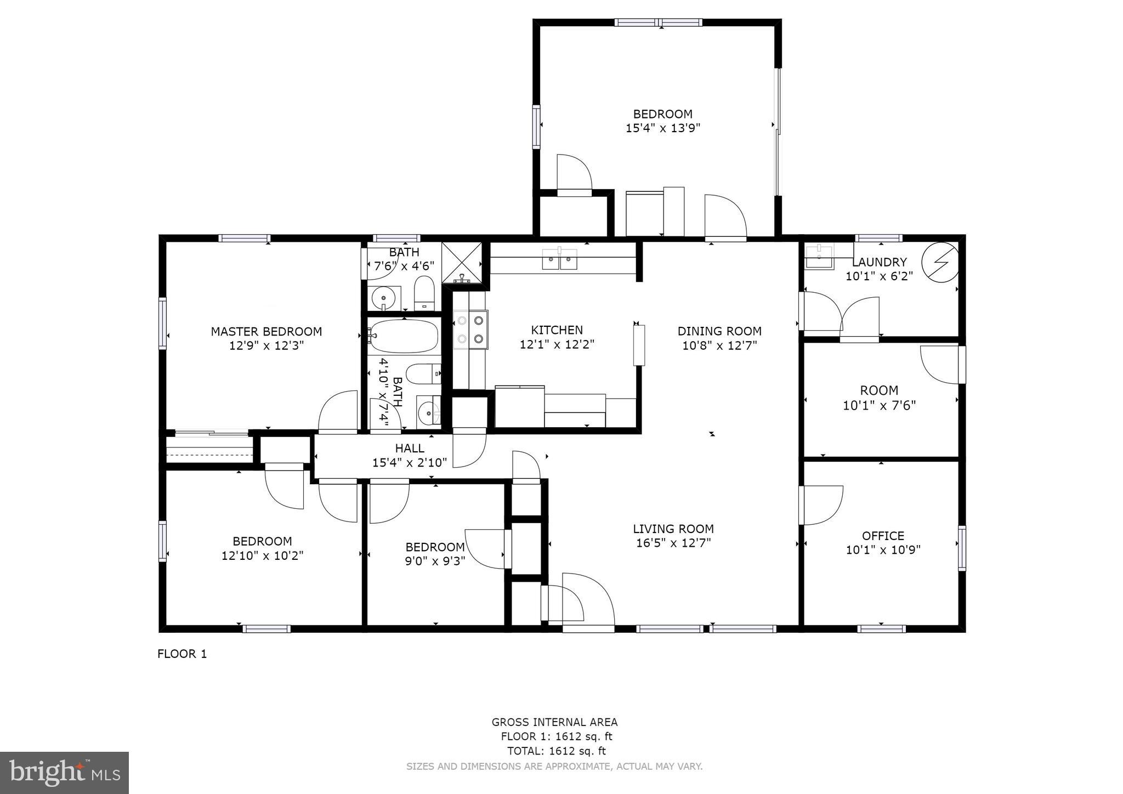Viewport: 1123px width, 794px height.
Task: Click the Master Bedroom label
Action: [266, 332]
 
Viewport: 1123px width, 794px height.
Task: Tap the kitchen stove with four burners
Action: [470, 330]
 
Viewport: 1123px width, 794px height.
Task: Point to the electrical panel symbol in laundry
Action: [940, 263]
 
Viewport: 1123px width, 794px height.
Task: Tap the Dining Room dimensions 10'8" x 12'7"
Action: [719, 345]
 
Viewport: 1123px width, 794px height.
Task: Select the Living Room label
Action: [673, 529]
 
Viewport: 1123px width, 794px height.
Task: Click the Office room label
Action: [883, 536]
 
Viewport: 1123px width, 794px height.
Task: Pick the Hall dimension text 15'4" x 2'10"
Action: [410, 463]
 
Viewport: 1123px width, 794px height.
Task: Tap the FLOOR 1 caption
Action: [182, 654]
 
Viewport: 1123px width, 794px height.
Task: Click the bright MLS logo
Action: [64, 773]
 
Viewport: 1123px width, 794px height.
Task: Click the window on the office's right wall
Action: [962, 548]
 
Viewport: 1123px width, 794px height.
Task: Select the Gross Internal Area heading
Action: [554, 722]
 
